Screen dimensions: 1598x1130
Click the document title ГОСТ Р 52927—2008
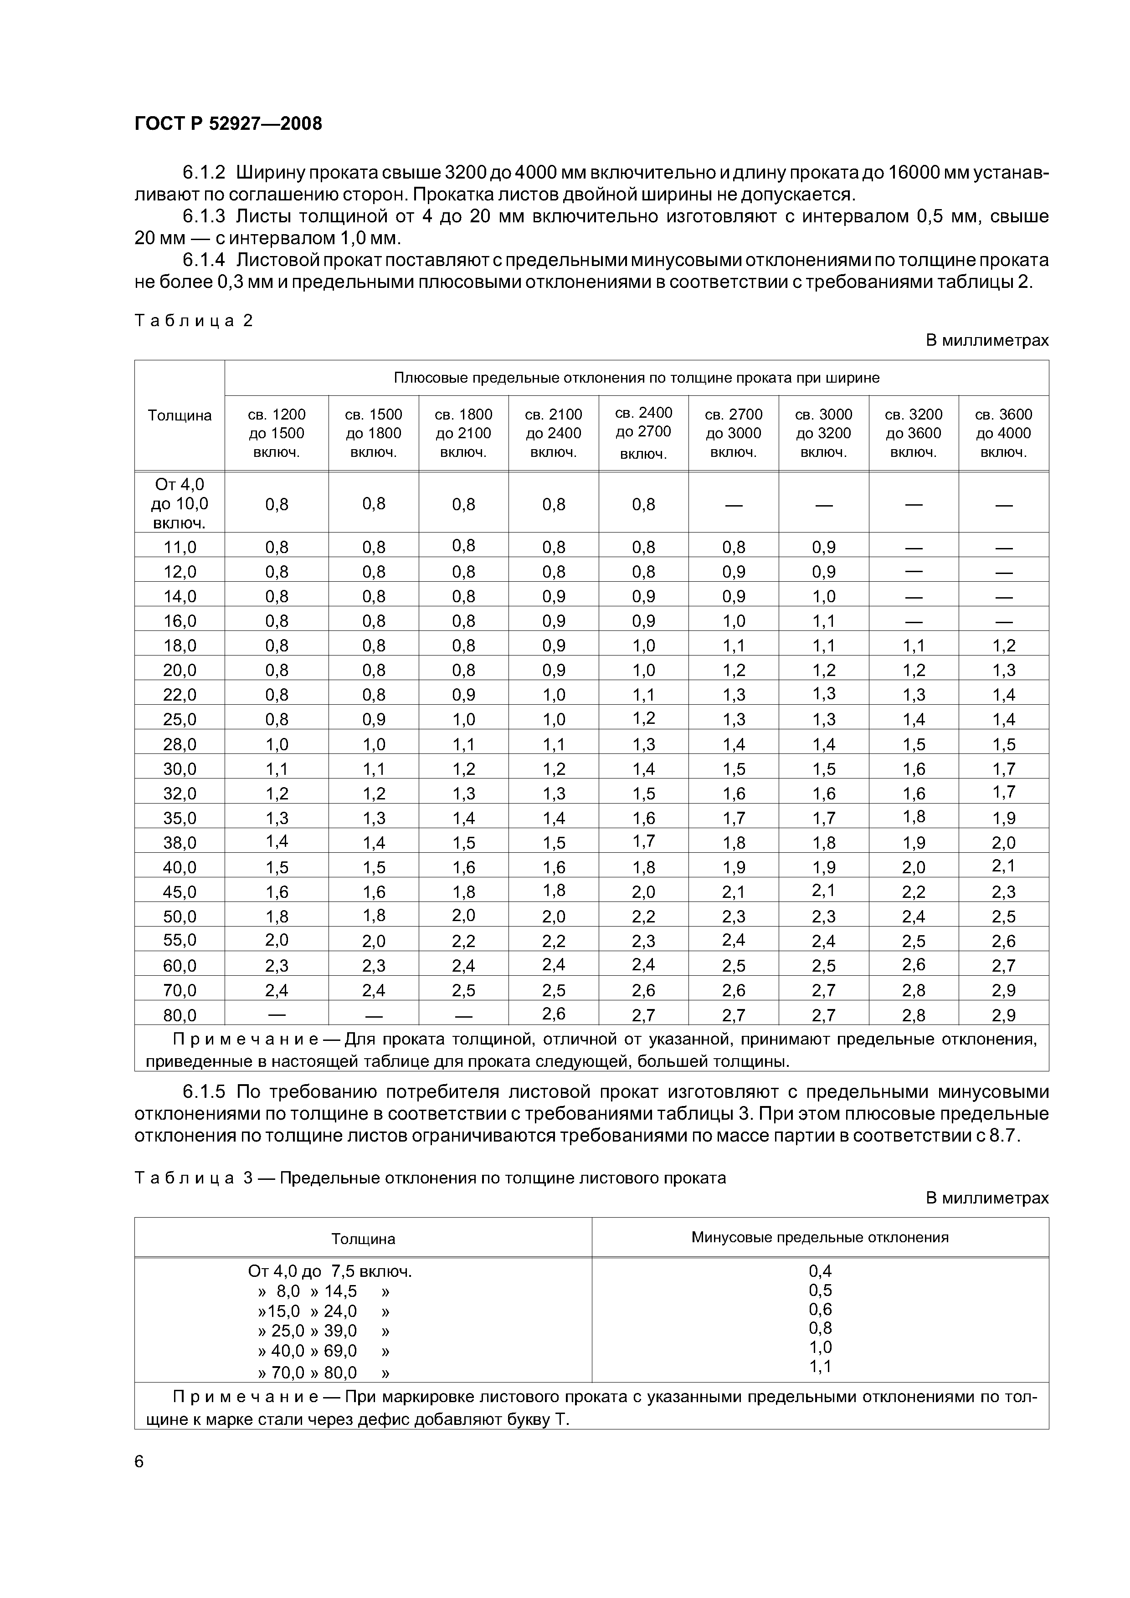pos(228,124)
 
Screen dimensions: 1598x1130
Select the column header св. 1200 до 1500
pos(277,433)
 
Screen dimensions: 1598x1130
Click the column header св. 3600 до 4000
pos(1003,433)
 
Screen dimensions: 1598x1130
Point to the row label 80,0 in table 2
pos(180,1015)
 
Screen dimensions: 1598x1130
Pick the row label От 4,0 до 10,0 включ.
pos(180,503)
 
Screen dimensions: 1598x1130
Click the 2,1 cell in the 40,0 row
pos(1003,866)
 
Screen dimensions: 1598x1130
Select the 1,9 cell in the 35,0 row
pos(1003,818)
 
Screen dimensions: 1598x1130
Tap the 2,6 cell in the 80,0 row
pos(554,1014)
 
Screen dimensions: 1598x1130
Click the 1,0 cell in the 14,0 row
pos(824,596)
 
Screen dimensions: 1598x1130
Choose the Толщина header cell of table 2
pos(180,415)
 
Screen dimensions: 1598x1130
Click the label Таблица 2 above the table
pos(194,320)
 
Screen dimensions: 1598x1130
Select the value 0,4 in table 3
pos(820,1271)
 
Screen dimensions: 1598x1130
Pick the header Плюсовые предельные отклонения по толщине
pos(637,378)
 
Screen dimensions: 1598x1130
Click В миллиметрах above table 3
pos(986,1198)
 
